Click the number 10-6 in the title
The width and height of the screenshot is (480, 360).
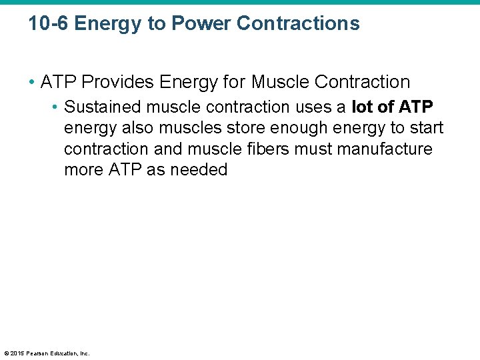[49, 24]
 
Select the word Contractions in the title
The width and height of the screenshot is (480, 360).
[298, 24]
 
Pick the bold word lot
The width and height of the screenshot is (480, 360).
[363, 107]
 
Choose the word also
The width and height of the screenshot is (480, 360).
[136, 128]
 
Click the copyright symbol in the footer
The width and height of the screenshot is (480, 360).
[6, 353]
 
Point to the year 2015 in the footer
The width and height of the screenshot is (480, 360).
[17, 353]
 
